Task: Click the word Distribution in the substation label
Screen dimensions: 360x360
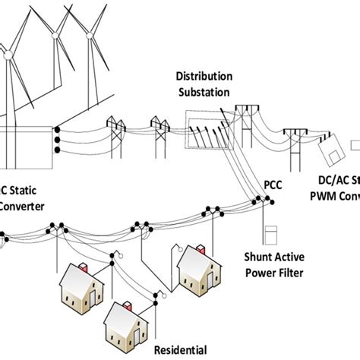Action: (x=204, y=76)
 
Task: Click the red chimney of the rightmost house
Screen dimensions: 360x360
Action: (x=201, y=247)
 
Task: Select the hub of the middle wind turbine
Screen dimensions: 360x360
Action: (x=55, y=32)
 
